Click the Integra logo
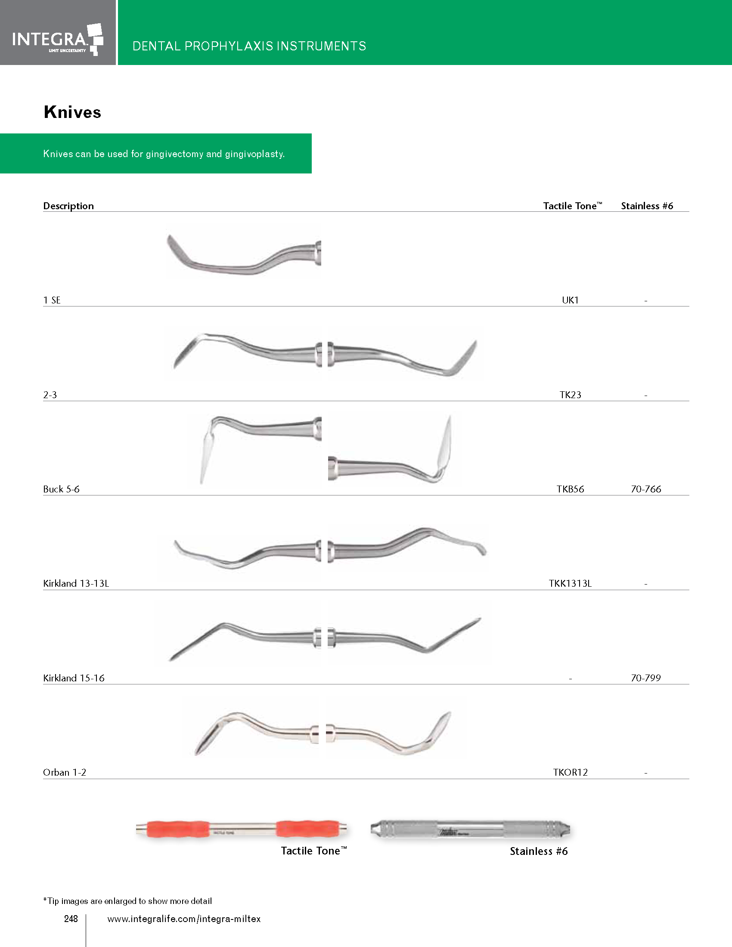(x=58, y=40)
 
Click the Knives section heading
(x=72, y=112)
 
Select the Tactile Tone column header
(x=572, y=205)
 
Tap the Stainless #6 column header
(x=647, y=205)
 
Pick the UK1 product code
(x=570, y=300)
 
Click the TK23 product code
(x=570, y=395)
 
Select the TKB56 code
(x=570, y=489)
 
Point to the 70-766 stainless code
(x=646, y=489)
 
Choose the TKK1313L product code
(x=570, y=583)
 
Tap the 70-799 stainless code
(x=646, y=678)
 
